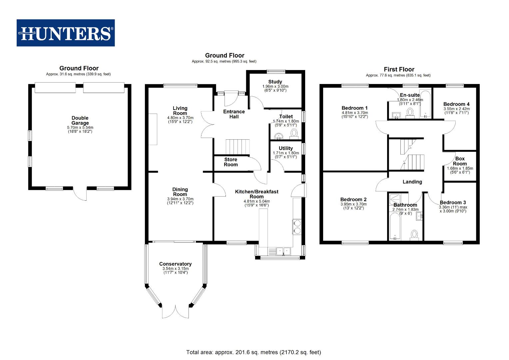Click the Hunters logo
point(66,33)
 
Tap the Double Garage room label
point(80,120)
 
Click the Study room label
point(275,82)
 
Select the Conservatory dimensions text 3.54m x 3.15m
point(176,269)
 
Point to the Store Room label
point(231,162)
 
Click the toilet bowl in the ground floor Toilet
point(294,133)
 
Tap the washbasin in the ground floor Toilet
point(278,136)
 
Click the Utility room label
point(286,148)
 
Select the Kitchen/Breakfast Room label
point(256,194)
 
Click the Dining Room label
point(180,192)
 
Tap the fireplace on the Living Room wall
point(153,129)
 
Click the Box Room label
point(460,161)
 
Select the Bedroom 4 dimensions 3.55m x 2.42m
point(456,109)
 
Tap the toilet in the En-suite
point(410,112)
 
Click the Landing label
point(412,182)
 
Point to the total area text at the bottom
point(254,352)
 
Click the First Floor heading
point(399,69)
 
